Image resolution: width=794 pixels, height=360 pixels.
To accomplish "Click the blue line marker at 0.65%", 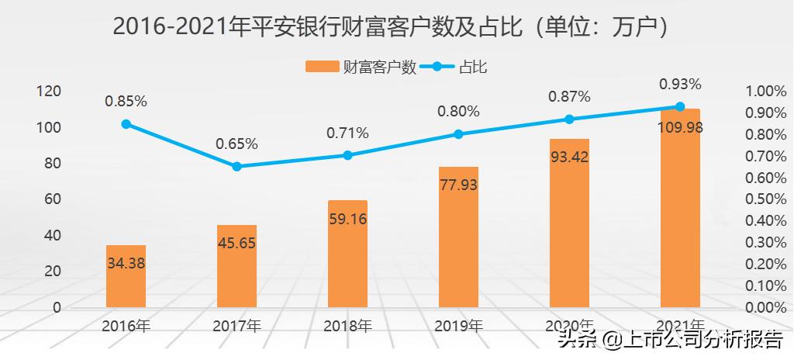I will [x=236, y=166].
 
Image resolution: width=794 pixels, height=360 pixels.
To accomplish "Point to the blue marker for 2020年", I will [x=569, y=119].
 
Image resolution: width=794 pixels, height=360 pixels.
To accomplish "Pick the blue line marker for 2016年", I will [x=126, y=123].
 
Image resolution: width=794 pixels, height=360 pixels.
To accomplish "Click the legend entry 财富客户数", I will [x=361, y=67].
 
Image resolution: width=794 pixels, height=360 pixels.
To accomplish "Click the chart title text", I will [x=396, y=26].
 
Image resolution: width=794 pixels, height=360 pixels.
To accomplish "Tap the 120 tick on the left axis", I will [x=48, y=91].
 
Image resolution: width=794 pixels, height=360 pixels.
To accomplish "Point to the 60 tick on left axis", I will [x=52, y=199].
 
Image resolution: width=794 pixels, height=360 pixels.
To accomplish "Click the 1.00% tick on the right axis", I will [x=765, y=91].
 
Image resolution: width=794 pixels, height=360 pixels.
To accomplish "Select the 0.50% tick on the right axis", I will [x=765, y=199].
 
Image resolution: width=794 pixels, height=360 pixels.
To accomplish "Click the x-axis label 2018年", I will [x=347, y=325].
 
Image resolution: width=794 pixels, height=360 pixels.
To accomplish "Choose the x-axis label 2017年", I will [x=236, y=325].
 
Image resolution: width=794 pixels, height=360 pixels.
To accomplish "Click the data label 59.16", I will [x=347, y=219].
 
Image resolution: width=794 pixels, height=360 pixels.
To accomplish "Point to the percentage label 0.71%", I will [x=347, y=132].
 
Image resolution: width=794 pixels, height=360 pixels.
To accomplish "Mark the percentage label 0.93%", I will [x=680, y=83].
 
